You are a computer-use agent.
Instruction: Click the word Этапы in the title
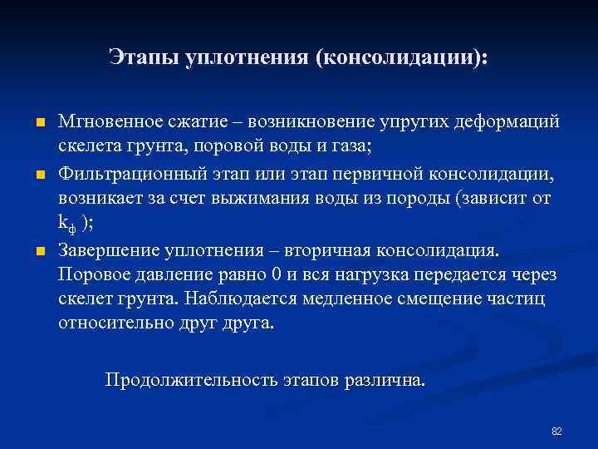[135, 58]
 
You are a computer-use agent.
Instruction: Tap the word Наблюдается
[235, 299]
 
